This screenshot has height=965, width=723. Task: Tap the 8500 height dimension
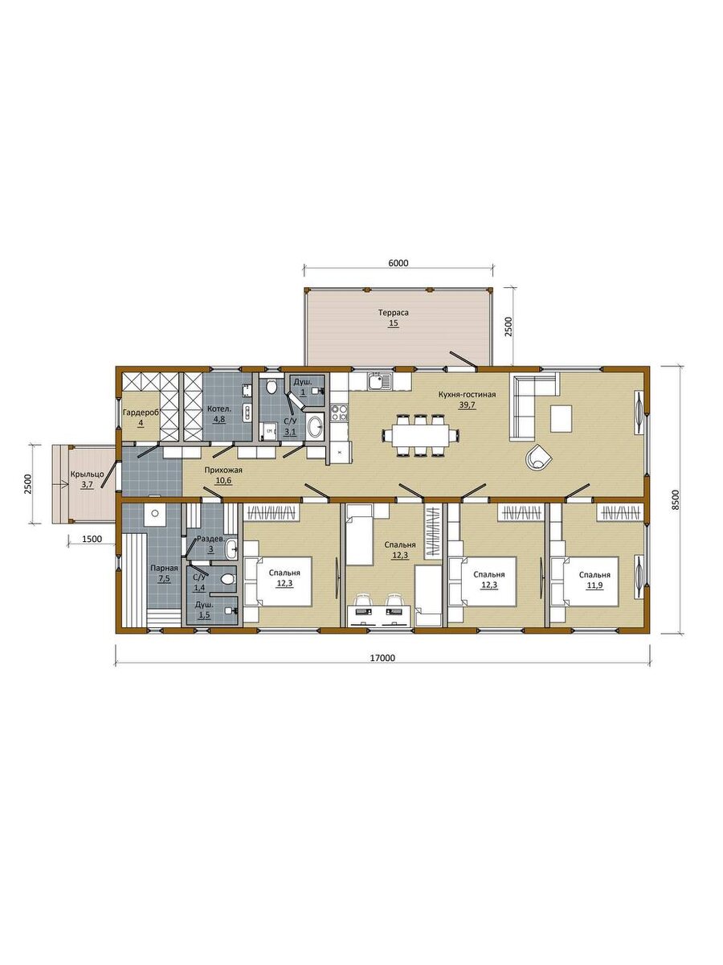click(x=676, y=500)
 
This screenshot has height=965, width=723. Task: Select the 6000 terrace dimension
click(x=398, y=263)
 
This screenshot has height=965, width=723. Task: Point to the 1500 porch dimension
click(x=92, y=539)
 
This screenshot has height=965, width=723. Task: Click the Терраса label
click(x=394, y=313)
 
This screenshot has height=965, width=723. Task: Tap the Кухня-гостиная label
click(x=467, y=394)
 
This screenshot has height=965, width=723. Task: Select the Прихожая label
click(x=223, y=470)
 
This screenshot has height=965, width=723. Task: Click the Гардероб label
click(x=141, y=413)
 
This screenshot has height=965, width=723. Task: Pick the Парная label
click(x=164, y=568)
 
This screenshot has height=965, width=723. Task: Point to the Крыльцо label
click(x=87, y=474)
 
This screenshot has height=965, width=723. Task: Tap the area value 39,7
click(x=467, y=405)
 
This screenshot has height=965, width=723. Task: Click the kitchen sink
click(x=380, y=382)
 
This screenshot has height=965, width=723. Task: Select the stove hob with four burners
click(x=339, y=412)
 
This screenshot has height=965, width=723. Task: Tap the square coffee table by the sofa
click(x=561, y=419)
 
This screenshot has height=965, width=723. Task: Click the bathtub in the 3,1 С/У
click(x=315, y=426)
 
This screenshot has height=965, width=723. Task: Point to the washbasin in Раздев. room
click(x=232, y=548)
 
